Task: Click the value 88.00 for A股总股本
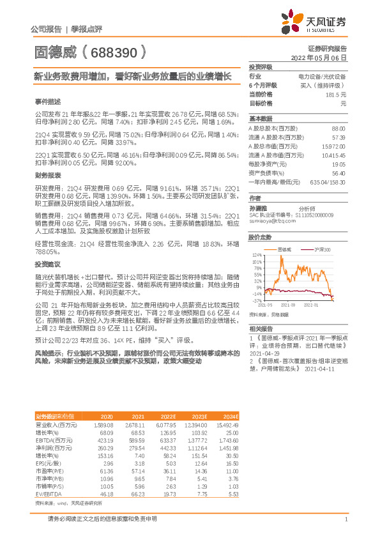click(x=338, y=128)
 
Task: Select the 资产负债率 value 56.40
click(x=338, y=173)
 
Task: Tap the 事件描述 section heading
click(x=49, y=102)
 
